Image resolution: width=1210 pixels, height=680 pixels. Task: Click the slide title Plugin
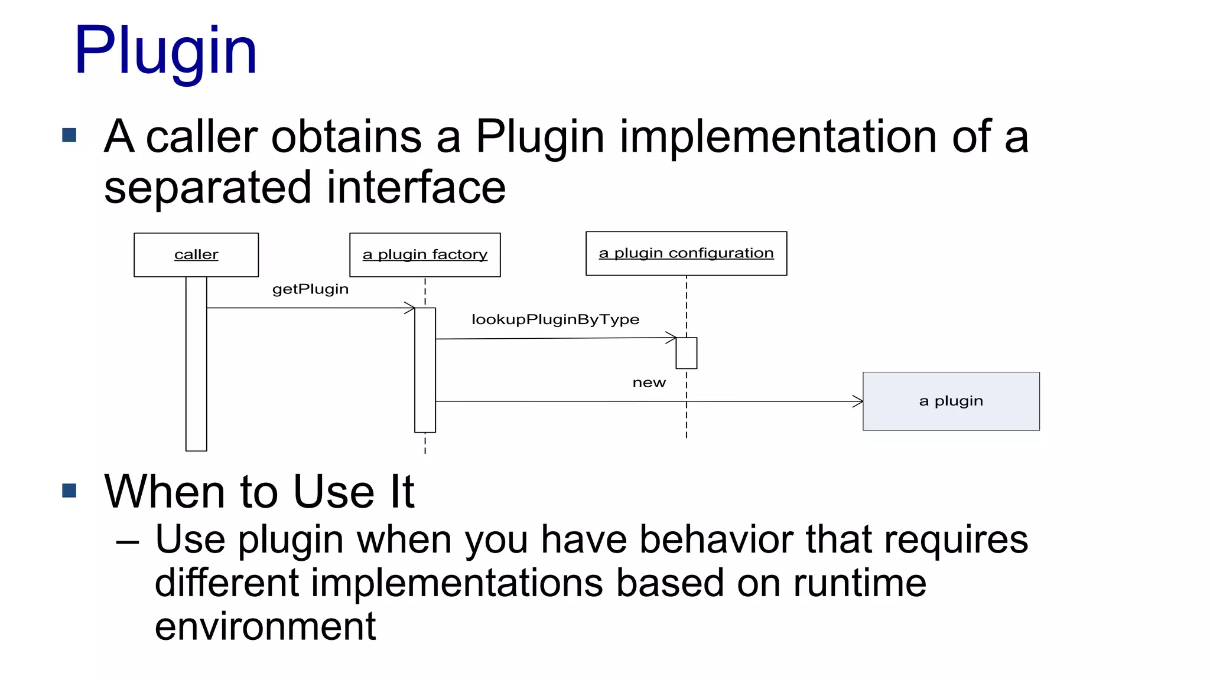tap(165, 52)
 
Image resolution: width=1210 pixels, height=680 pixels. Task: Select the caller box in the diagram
tap(196, 255)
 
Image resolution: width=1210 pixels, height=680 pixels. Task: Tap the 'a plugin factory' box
tap(425, 255)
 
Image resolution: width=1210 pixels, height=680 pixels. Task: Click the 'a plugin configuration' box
tap(686, 253)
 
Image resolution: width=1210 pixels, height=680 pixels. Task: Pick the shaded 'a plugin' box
tap(951, 401)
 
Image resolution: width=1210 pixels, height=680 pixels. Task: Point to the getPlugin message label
tap(310, 289)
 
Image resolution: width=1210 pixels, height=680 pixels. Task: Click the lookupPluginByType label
tap(555, 319)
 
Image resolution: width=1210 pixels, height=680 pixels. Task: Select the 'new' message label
tap(649, 383)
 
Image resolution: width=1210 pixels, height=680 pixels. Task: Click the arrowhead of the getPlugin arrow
tap(410, 308)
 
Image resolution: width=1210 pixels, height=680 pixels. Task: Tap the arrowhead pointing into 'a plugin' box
tap(858, 401)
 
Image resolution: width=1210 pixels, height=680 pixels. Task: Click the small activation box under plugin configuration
tap(686, 353)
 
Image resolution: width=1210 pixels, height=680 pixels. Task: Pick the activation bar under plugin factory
tap(425, 370)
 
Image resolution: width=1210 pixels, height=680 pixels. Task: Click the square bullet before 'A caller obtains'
tap(69, 135)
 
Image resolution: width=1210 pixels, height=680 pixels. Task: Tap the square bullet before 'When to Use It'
tap(69, 491)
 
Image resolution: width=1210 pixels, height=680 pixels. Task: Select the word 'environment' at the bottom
tap(265, 626)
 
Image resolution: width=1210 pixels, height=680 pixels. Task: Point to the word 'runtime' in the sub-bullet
tap(859, 583)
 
